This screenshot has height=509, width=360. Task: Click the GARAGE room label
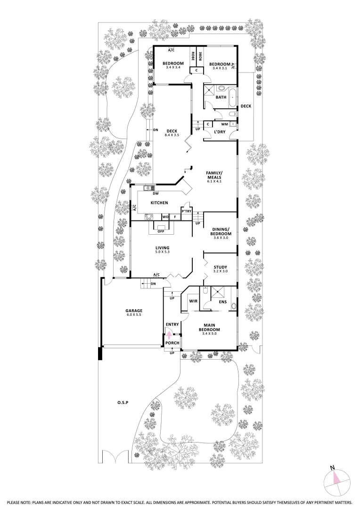(133, 311)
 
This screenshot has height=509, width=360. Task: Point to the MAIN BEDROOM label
(210, 327)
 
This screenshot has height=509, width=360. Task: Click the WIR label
(193, 300)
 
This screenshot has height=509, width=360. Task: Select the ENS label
(223, 302)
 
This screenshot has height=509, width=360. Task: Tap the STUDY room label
(220, 267)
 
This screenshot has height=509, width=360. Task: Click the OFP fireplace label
(160, 231)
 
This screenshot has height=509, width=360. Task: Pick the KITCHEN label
(159, 203)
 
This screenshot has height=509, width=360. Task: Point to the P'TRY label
(186, 211)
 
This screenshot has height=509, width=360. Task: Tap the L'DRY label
(219, 132)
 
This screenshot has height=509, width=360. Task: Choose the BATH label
(221, 98)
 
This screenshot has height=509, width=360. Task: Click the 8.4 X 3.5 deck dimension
(169, 135)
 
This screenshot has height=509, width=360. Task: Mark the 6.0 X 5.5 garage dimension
(133, 314)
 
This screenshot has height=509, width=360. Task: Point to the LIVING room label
(162, 248)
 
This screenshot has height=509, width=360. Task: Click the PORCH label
(172, 343)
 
